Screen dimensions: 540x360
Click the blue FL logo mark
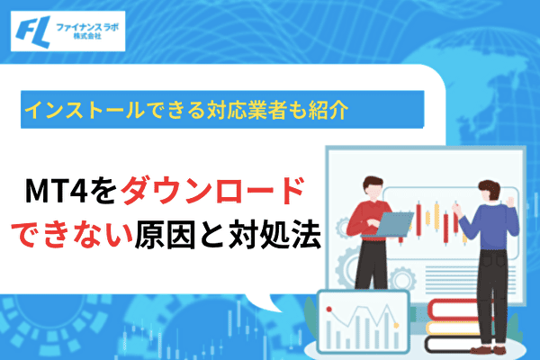(x=32, y=31)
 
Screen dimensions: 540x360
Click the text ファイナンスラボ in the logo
(x=87, y=27)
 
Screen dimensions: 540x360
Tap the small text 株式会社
(x=87, y=36)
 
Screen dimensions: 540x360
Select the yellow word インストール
(x=84, y=110)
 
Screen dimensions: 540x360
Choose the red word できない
(x=72, y=236)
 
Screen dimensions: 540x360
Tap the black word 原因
(x=166, y=236)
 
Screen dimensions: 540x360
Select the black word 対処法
(x=274, y=236)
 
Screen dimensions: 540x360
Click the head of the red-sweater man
(x=373, y=188)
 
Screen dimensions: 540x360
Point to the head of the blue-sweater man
(x=489, y=192)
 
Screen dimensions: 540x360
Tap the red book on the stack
(x=454, y=310)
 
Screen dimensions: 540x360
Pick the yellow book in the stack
(x=454, y=328)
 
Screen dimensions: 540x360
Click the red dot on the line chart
(x=328, y=310)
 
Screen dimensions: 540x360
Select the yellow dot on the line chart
(x=396, y=325)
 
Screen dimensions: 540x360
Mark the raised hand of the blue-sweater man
(x=510, y=202)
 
